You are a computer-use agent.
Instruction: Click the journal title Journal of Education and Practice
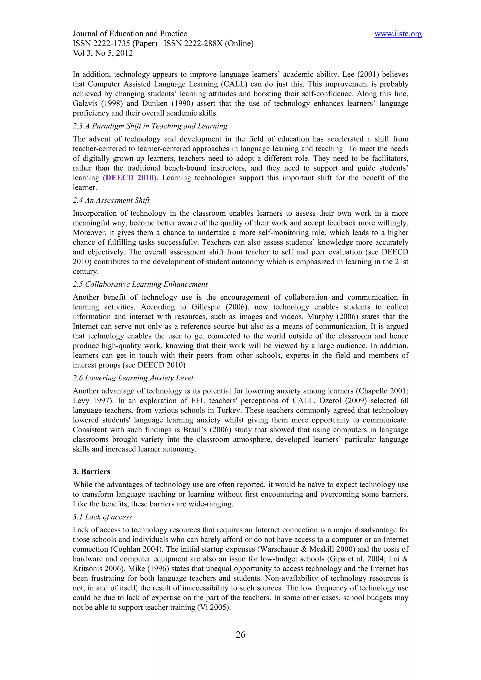pos(130,34)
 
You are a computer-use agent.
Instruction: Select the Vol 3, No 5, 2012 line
pos(103,53)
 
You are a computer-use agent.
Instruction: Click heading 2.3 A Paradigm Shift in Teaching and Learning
pos(150,126)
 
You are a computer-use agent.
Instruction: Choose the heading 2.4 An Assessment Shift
pos(111,201)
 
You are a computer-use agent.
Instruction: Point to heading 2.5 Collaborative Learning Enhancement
pos(140,284)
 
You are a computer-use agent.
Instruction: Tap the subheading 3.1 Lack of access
pos(102,517)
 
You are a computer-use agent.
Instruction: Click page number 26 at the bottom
pos(240,634)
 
